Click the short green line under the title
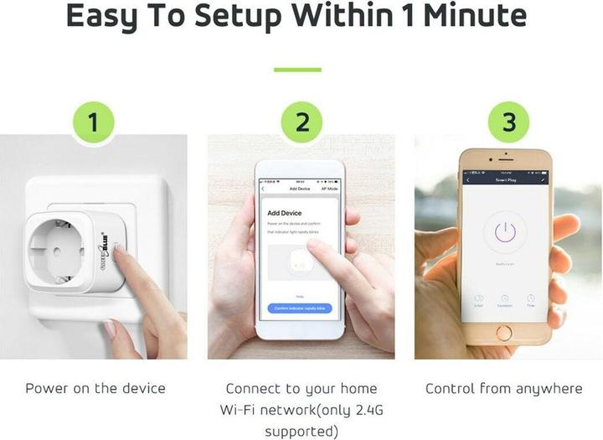(x=297, y=69)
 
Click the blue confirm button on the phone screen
(x=301, y=308)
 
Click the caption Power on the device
(x=95, y=389)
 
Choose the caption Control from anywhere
(x=503, y=389)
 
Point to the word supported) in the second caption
(x=301, y=432)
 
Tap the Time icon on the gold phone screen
(x=530, y=299)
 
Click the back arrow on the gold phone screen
(x=467, y=179)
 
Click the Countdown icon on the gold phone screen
(x=504, y=299)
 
